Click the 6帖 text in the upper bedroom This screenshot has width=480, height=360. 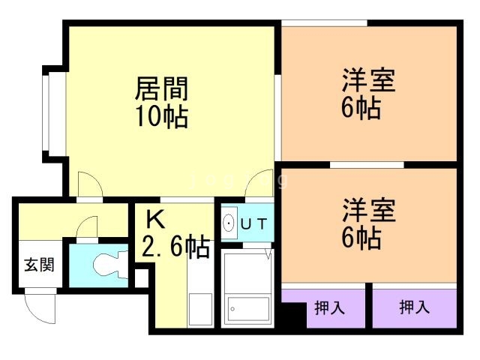click(x=361, y=108)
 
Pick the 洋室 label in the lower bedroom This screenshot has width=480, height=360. click(x=369, y=210)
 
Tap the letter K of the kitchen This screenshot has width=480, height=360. click(x=154, y=219)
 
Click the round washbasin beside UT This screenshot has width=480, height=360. click(x=229, y=223)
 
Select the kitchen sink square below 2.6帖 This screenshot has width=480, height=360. click(x=200, y=308)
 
